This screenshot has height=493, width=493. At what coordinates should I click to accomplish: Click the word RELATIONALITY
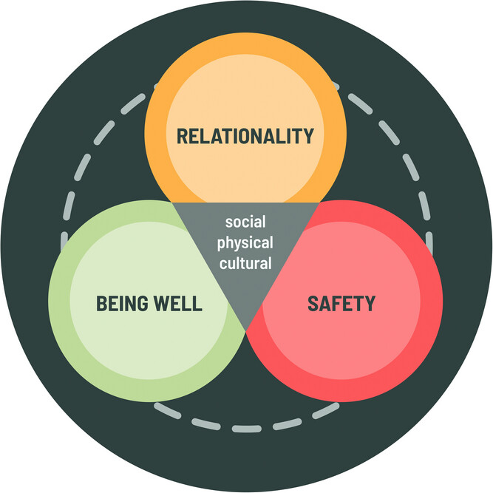[245, 136]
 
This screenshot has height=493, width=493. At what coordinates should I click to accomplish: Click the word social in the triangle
[245, 222]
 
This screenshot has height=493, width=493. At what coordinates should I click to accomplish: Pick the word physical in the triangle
[245, 242]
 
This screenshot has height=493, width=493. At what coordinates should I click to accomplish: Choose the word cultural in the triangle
[245, 262]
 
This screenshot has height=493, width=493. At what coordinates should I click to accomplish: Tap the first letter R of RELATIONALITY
[180, 136]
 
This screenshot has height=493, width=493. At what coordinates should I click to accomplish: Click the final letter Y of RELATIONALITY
[309, 136]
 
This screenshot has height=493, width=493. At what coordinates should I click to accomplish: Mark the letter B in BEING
[101, 304]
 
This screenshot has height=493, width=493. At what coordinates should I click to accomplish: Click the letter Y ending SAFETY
[370, 303]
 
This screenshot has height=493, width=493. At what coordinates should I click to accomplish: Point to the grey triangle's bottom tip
[245, 333]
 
